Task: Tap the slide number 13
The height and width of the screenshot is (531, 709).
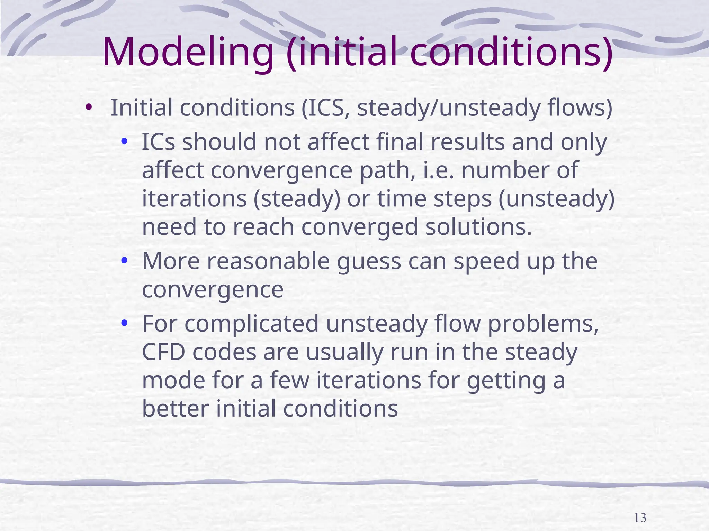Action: (640, 518)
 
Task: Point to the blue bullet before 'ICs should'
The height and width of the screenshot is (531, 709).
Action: (125, 142)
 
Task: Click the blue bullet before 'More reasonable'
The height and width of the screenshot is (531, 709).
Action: (125, 261)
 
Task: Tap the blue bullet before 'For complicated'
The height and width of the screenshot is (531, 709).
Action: (125, 324)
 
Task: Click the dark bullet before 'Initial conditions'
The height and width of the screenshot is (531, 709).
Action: (89, 108)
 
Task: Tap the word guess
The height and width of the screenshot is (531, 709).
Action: (368, 261)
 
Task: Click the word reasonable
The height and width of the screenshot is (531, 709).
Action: (268, 261)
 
